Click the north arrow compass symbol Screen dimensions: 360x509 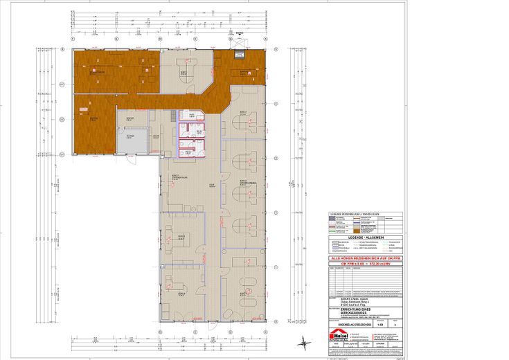pyautogui.click(x=303, y=340)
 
